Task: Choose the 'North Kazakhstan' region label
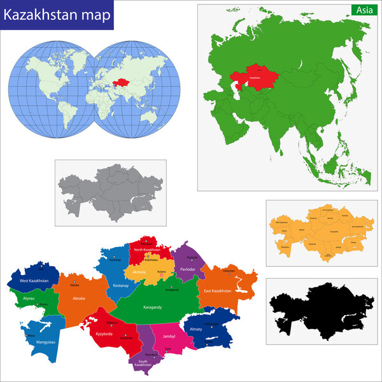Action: (148, 250)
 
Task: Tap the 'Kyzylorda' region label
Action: (104, 332)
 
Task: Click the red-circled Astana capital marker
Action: (161, 274)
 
